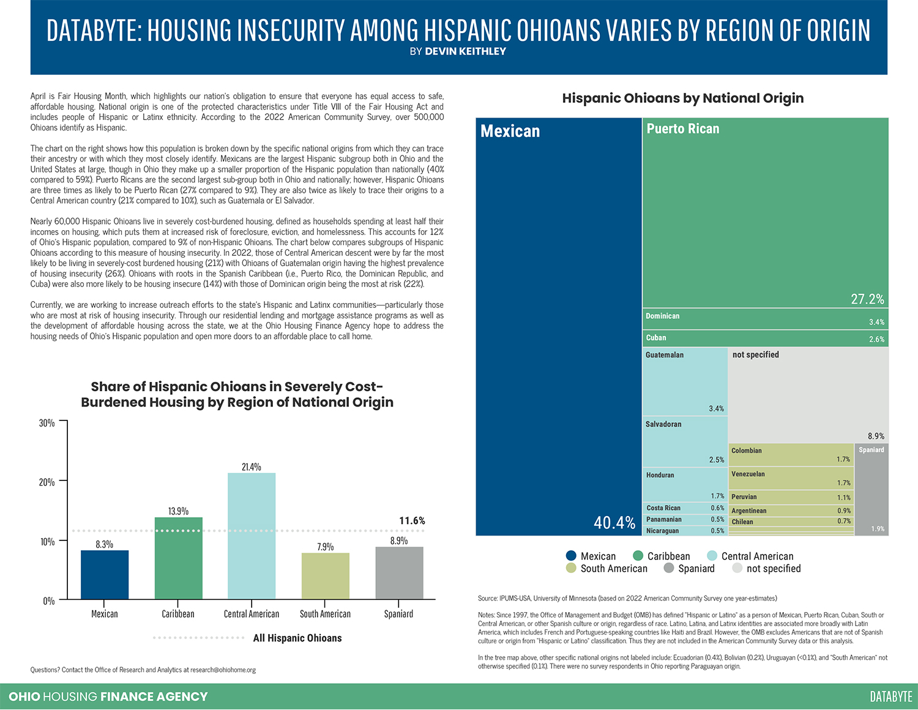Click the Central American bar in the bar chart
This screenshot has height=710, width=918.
(251, 536)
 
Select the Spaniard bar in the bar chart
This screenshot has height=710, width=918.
(399, 573)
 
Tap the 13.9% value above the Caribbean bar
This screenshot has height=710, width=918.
(178, 511)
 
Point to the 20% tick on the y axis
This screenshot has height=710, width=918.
(47, 482)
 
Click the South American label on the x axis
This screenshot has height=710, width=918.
(325, 614)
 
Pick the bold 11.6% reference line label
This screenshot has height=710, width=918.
(412, 521)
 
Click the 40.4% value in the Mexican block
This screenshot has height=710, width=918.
(614, 523)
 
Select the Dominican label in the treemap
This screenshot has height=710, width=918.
(662, 316)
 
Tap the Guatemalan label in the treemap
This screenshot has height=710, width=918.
(664, 355)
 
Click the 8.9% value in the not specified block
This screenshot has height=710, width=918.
(876, 436)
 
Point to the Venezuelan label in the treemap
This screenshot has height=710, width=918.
(748, 474)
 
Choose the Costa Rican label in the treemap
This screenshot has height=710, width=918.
(663, 508)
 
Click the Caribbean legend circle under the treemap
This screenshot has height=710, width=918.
(638, 556)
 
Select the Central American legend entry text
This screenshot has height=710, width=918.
(757, 556)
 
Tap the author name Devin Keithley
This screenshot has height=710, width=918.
(465, 51)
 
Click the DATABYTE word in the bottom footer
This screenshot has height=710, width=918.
(891, 697)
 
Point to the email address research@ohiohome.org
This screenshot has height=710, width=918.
(223, 670)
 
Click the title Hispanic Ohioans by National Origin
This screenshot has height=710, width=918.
(682, 98)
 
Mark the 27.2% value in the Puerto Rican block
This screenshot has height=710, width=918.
(867, 299)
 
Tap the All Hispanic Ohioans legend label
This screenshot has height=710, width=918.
(297, 638)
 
